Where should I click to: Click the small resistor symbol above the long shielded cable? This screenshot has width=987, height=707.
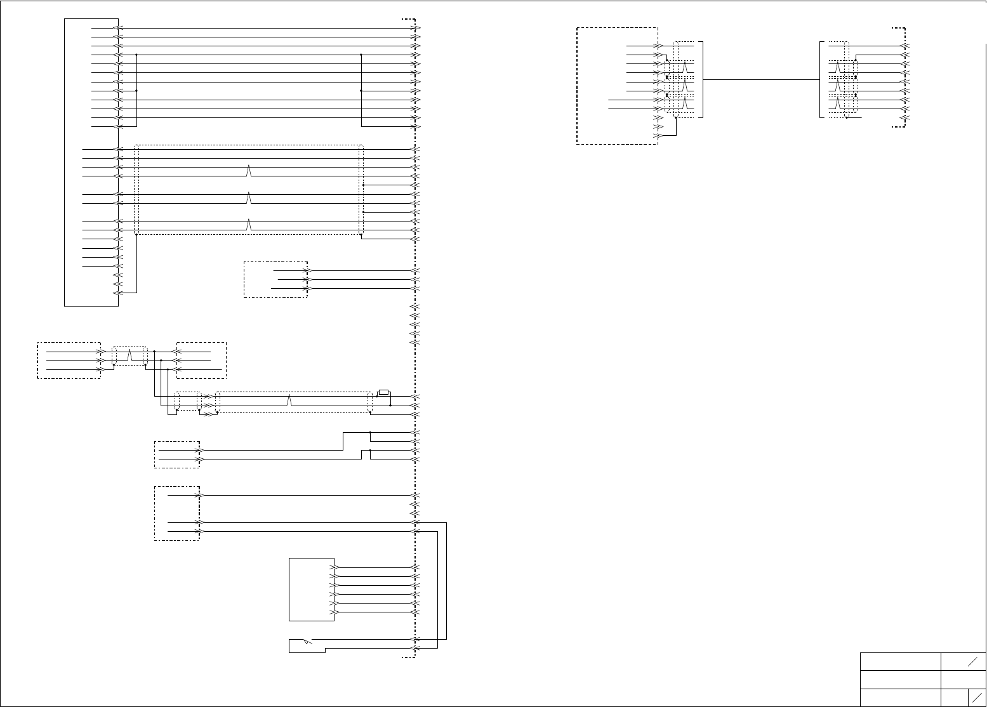[x=383, y=392]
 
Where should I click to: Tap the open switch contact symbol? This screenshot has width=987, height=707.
[x=307, y=642]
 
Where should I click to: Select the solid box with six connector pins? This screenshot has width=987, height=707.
[x=312, y=590]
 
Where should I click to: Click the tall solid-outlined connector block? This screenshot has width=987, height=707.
[x=91, y=162]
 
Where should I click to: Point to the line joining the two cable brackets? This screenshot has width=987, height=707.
[x=762, y=80]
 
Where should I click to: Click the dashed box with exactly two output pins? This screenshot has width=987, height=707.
[x=177, y=454]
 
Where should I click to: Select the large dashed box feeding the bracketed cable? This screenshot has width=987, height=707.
[x=617, y=86]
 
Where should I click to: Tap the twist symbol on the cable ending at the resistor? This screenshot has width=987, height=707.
[x=290, y=400]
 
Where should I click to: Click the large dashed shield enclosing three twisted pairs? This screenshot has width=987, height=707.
[x=249, y=190]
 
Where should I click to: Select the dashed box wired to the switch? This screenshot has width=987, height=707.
[x=177, y=513]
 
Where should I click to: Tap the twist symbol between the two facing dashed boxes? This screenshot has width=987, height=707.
[x=130, y=355]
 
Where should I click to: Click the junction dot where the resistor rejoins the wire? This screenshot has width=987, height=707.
[x=390, y=405]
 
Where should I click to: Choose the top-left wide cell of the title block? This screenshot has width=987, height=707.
[x=900, y=661]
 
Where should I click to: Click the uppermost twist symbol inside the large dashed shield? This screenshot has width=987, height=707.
[x=249, y=171]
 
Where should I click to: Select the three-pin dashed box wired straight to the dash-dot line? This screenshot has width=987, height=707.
[x=275, y=279]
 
